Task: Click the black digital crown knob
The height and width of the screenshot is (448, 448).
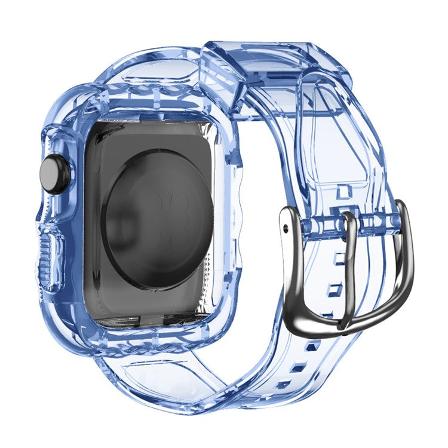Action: (x=54, y=174)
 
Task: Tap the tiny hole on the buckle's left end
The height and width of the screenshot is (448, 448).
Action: (x=286, y=228)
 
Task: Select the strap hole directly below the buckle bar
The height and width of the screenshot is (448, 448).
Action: (x=340, y=258)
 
